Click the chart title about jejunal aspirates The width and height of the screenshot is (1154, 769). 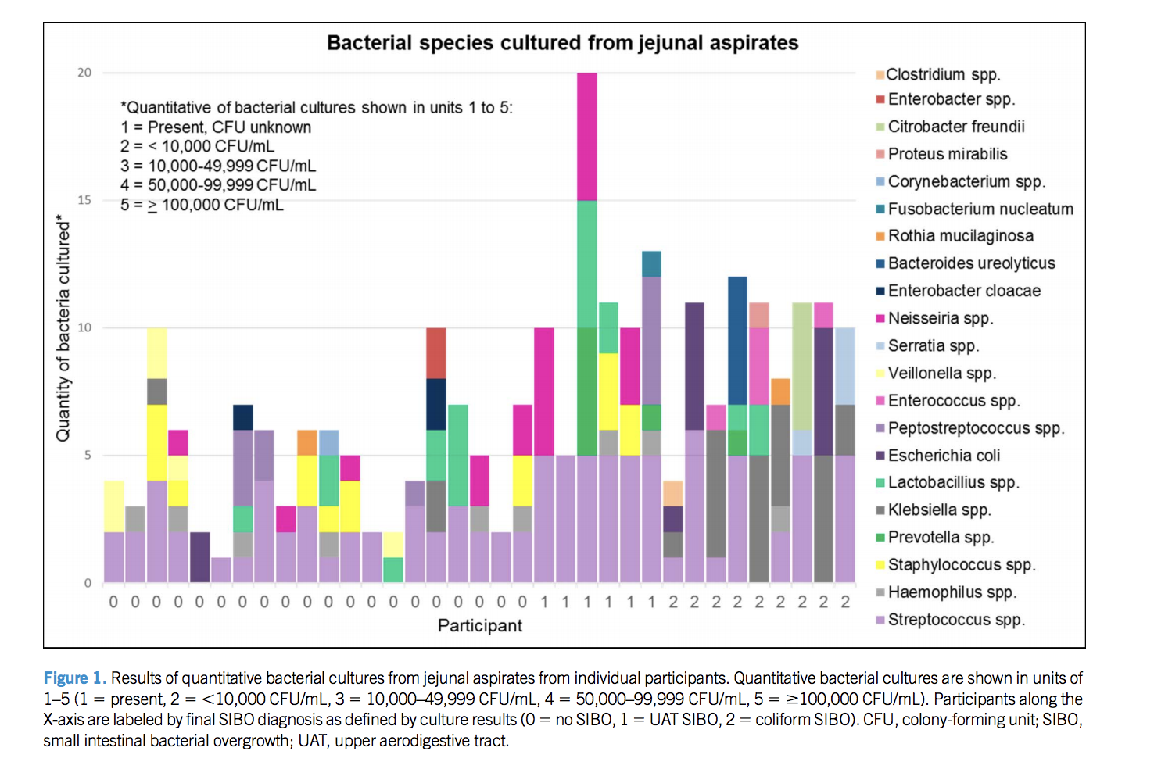562,43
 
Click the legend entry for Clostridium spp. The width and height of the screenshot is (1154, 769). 942,75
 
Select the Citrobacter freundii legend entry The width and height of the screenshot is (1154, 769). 955,127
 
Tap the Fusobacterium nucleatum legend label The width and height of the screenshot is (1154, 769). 980,209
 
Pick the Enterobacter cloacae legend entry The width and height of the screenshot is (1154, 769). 963,291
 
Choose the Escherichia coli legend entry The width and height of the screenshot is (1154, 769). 943,456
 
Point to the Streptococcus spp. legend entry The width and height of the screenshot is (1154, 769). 955,620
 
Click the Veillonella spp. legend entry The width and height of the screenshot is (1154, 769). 941,374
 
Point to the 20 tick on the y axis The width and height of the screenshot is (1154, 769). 84,73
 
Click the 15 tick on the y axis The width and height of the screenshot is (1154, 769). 84,200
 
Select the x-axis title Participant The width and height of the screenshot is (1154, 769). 479,625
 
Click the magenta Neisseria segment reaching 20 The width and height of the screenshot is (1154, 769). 587,136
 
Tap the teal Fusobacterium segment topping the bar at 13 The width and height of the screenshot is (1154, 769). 651,264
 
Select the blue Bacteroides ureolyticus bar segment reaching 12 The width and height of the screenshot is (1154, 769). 737,340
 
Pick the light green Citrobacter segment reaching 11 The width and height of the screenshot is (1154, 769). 802,366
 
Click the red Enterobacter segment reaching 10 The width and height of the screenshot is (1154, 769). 436,353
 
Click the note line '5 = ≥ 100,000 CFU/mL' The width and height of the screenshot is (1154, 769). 202,205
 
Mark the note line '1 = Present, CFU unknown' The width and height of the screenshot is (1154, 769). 216,127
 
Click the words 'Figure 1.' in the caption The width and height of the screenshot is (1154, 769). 74,678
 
